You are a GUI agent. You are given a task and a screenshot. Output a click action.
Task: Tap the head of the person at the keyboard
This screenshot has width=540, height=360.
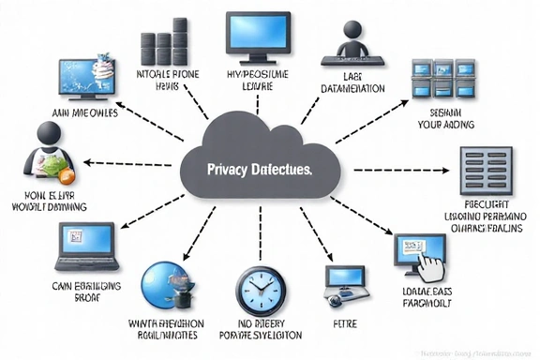[x=352, y=28]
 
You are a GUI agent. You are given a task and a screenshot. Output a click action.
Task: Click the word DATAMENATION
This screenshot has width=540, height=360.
[x=352, y=89]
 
